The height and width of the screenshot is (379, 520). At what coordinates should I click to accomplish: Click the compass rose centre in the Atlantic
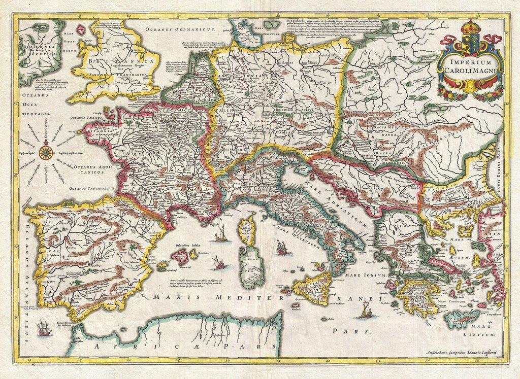pos(47,151)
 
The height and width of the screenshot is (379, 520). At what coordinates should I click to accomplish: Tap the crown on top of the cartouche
pos(470,25)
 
